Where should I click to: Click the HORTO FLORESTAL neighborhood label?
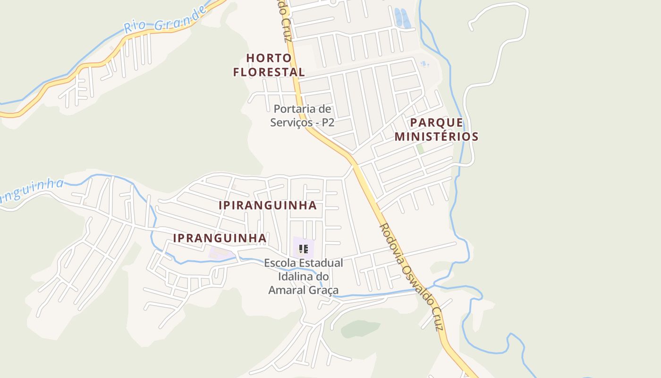(269, 65)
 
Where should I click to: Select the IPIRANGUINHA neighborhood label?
(267, 206)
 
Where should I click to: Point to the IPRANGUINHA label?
(220, 238)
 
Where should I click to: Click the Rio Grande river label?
(165, 19)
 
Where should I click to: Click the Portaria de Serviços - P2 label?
(302, 116)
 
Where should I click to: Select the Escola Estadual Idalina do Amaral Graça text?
(304, 276)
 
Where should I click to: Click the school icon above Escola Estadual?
(303, 249)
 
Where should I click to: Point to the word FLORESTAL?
(269, 72)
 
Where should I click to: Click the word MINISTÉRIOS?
(437, 137)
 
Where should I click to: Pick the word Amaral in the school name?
(288, 290)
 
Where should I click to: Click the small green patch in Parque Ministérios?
(420, 148)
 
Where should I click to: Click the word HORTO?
(269, 58)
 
